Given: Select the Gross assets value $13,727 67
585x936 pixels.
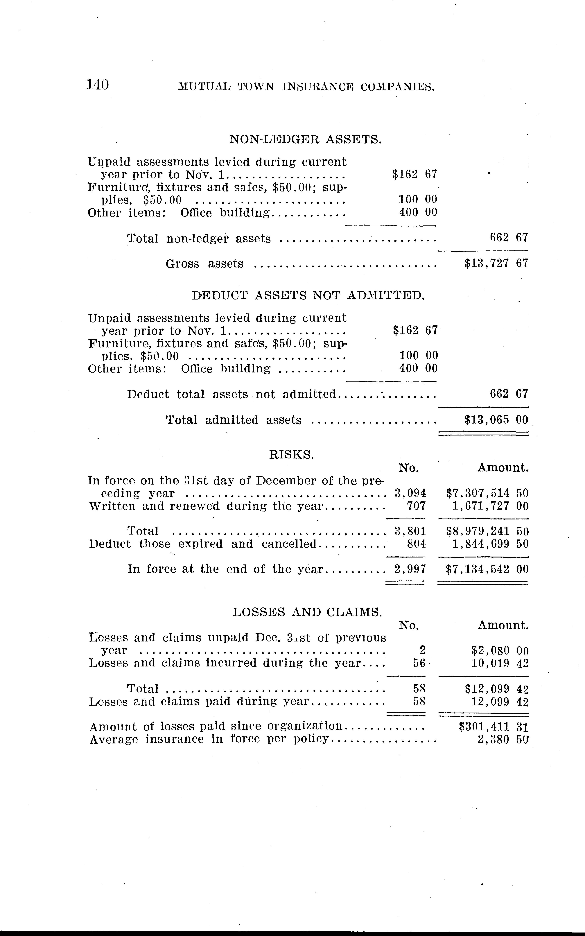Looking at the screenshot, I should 496,263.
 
